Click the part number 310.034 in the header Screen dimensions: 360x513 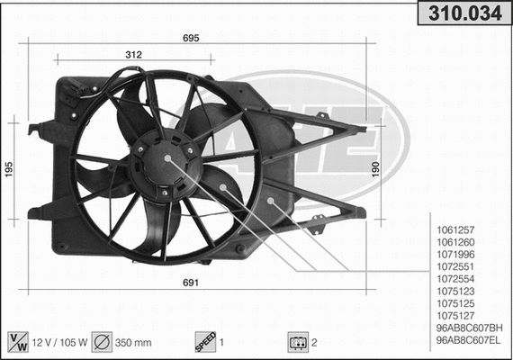coord(464,13)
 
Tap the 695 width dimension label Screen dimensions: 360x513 coord(191,38)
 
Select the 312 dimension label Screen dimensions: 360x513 coord(133,55)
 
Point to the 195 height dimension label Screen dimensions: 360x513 coord(9,168)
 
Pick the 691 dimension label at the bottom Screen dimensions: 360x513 coord(191,283)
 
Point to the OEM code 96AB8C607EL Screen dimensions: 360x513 coord(469,340)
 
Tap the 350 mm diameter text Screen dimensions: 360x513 coord(132,343)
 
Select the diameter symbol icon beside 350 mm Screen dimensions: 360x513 coord(102,342)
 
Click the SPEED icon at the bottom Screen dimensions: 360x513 coord(204,342)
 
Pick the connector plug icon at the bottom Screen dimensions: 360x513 coord(294,342)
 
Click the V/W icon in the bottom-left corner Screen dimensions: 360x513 coord(17,342)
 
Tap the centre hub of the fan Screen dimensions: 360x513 coord(167,158)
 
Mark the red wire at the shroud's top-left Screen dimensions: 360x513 coord(89,86)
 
